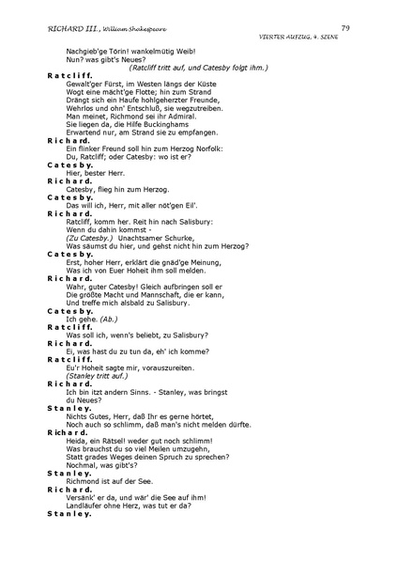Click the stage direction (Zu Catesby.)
89,238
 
